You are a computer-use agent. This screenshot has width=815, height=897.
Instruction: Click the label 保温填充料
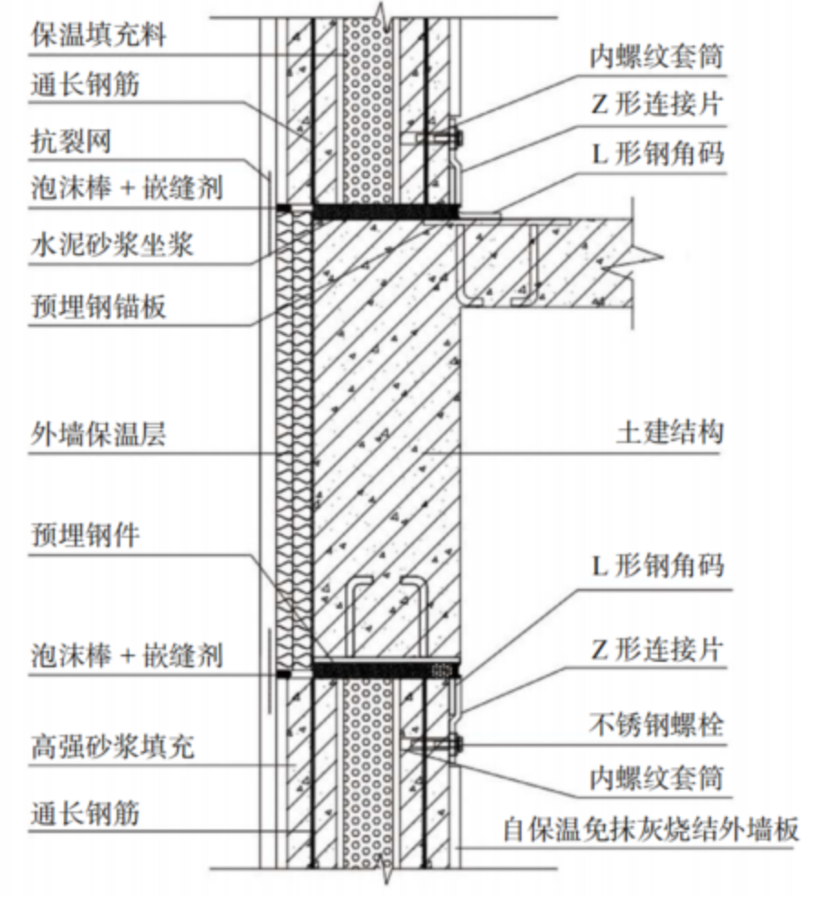point(98,35)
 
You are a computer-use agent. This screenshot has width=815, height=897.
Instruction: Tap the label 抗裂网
point(71,141)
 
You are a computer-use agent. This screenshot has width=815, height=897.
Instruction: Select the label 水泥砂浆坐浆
point(112,245)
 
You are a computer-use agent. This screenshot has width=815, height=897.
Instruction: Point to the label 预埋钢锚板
point(98,307)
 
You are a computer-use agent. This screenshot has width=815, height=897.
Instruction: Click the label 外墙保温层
point(98,435)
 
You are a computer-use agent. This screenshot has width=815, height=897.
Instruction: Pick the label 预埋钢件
point(85,535)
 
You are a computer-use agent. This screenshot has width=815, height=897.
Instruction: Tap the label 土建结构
point(670,432)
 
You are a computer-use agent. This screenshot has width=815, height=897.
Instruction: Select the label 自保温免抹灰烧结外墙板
point(651,829)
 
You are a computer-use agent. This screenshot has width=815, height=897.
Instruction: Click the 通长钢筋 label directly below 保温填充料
point(85,86)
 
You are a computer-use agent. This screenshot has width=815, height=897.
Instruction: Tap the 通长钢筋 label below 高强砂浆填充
point(85,813)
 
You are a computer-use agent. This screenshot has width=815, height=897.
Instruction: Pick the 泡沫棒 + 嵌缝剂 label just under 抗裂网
point(127,188)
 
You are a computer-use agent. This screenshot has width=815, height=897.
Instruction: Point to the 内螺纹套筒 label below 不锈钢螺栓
point(656,778)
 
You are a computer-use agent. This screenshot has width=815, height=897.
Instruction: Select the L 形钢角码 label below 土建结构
point(657,565)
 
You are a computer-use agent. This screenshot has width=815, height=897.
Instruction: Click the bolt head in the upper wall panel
point(457,138)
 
